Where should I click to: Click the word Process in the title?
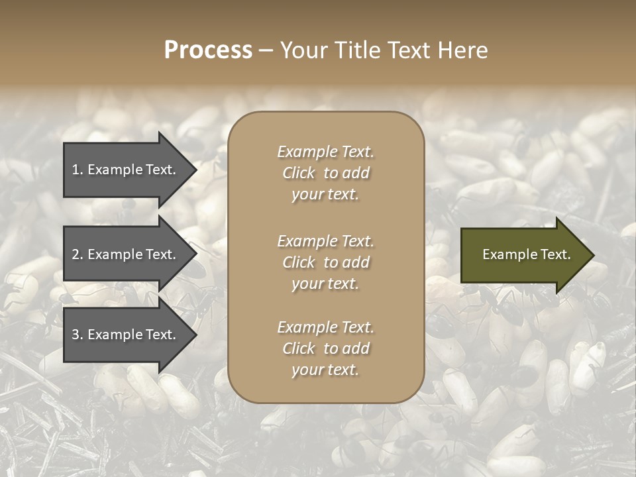pos(208,50)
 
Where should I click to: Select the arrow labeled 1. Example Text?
pos(126,170)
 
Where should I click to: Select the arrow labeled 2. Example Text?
pos(126,254)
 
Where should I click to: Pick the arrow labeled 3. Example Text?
pos(126,335)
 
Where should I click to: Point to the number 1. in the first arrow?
pos(78,170)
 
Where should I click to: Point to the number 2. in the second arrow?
pos(78,254)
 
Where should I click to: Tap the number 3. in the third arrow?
pos(78,335)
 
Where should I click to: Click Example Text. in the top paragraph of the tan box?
pos(325,152)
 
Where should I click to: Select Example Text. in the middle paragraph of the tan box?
pos(325,241)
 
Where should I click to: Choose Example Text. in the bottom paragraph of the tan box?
pos(325,327)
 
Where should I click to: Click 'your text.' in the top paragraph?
pos(325,195)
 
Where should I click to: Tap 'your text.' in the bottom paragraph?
pos(325,370)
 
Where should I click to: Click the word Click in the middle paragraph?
pos(298,262)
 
